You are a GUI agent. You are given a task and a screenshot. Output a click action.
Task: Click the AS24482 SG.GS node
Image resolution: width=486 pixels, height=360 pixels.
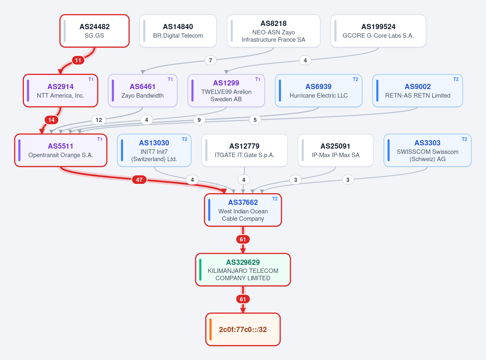[94, 31]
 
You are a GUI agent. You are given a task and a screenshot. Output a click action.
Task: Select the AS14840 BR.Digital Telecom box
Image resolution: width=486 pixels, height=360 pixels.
[178, 31]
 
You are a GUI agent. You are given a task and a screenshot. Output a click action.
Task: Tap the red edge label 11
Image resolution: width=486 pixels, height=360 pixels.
[78, 60]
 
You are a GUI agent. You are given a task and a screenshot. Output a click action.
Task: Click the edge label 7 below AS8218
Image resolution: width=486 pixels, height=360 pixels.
[211, 60]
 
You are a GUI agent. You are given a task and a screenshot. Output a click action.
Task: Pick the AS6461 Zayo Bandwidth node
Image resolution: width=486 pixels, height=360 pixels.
[143, 91]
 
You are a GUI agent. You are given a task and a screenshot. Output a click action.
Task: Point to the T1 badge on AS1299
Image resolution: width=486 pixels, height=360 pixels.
[258, 79]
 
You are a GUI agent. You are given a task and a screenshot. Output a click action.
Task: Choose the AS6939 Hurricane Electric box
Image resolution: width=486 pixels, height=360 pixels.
[319, 91]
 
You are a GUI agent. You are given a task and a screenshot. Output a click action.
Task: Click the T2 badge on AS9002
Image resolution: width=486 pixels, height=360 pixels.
[456, 79]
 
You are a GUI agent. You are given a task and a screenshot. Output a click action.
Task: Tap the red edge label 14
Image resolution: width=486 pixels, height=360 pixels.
[51, 120]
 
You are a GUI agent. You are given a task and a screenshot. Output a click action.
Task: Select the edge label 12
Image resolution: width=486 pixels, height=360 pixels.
[99, 120]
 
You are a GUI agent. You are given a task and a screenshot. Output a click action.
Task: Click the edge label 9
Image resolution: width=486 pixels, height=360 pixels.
[199, 120]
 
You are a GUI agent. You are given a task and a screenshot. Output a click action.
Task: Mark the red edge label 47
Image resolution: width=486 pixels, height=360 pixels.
[139, 180]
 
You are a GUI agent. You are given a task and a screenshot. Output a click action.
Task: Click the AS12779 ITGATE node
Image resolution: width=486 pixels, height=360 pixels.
[245, 150]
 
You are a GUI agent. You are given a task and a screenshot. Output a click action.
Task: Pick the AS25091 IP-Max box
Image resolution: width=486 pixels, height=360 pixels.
[336, 150]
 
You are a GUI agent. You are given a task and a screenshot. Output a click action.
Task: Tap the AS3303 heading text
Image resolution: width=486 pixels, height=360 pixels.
[427, 143]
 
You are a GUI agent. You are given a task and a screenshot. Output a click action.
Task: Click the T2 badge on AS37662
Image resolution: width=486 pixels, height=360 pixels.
[275, 199]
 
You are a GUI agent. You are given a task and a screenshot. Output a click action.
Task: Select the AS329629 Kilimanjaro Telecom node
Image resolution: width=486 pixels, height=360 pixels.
[243, 270]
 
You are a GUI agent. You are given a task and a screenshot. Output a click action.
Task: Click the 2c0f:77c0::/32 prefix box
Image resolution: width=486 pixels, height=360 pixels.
[243, 329]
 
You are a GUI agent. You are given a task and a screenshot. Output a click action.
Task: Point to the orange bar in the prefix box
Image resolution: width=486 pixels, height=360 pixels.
[211, 329]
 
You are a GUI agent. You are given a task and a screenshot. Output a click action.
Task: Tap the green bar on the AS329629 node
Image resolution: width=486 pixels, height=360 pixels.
[200, 270]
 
